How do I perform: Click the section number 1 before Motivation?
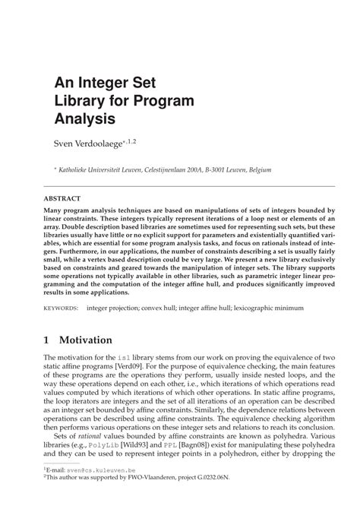point(47,340)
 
